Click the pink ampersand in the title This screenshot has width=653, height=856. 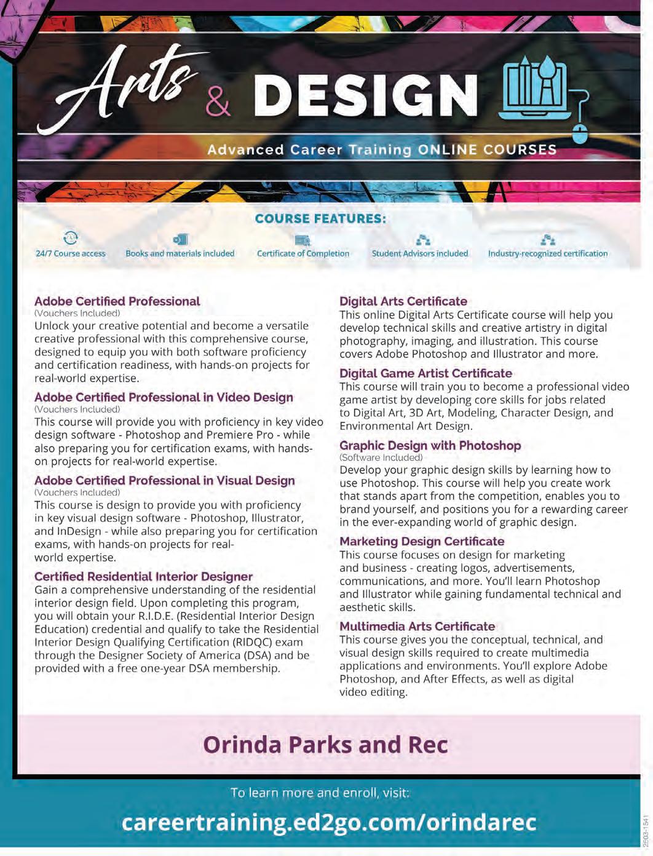(x=218, y=100)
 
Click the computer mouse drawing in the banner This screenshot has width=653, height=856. (x=580, y=132)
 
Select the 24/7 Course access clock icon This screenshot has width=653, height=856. (x=71, y=238)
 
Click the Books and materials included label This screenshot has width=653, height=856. (x=180, y=253)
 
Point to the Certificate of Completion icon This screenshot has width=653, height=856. (x=303, y=240)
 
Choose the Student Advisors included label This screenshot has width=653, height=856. (x=419, y=253)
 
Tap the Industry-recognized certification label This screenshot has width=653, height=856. (x=547, y=253)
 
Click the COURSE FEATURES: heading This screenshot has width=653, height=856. (x=320, y=218)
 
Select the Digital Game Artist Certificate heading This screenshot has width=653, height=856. (x=425, y=373)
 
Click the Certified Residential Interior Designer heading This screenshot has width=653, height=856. (x=143, y=577)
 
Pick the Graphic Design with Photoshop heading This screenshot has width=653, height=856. (x=430, y=445)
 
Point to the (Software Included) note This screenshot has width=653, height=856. (x=381, y=458)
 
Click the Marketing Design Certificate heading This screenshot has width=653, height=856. (x=422, y=541)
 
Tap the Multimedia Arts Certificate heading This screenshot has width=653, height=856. (x=417, y=626)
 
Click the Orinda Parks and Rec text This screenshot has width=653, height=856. (x=325, y=745)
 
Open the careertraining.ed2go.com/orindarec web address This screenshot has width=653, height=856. (x=329, y=822)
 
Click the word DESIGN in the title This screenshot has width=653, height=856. (x=366, y=96)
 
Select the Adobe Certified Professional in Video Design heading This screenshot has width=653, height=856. (x=164, y=397)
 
